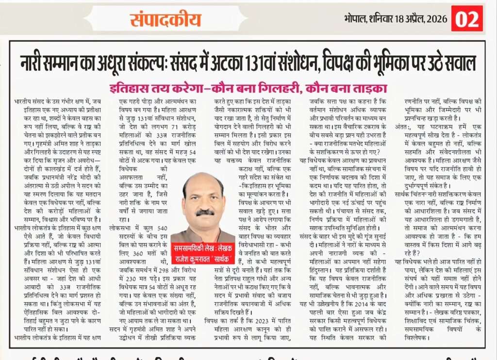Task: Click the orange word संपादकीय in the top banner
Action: (x=165, y=19)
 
